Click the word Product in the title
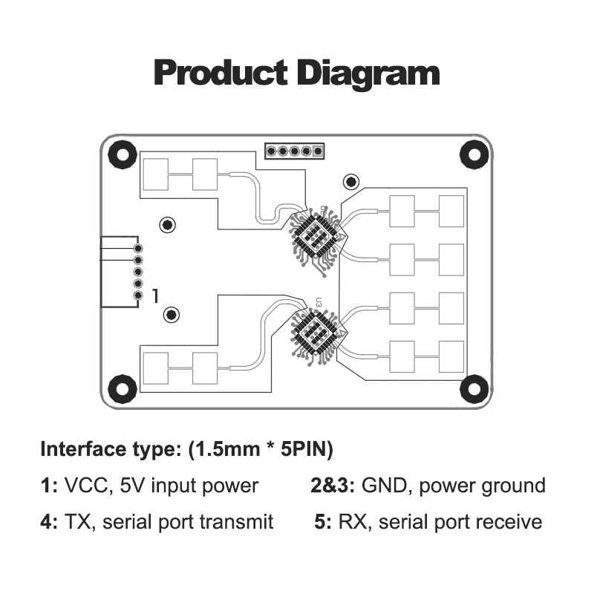pos(219,74)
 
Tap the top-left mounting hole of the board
pos(121,154)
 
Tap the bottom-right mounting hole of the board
pos(472,388)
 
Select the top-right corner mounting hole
pos(472,153)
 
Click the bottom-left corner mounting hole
pos(121,388)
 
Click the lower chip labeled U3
pos(314,332)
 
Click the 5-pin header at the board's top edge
pos(294,151)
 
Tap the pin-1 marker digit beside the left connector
pos(155,296)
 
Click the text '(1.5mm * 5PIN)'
pos(261,449)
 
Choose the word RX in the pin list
pos(353,522)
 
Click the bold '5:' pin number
pos(323,522)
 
